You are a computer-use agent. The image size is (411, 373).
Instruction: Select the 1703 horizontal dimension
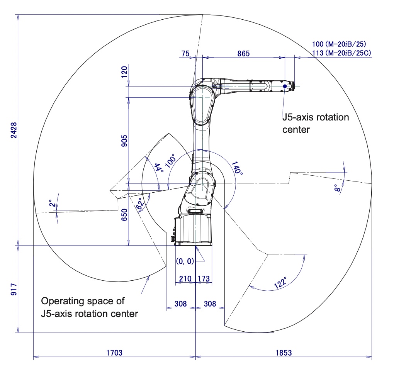coord(114,353)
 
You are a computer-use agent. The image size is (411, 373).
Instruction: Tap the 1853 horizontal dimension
coord(284,353)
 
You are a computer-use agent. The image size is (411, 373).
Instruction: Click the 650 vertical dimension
coord(124,215)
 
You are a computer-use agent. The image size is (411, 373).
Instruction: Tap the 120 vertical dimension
coord(124,71)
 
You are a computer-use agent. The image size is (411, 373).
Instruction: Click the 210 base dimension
coord(185,278)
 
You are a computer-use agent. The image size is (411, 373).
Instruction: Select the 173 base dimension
coord(204,278)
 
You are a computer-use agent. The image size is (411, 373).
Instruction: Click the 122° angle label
coord(280,282)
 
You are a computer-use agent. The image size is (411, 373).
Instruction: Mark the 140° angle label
coord(237,167)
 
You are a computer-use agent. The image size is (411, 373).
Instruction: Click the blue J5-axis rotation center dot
coord(285,86)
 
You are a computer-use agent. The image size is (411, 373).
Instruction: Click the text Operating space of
coord(83,301)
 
